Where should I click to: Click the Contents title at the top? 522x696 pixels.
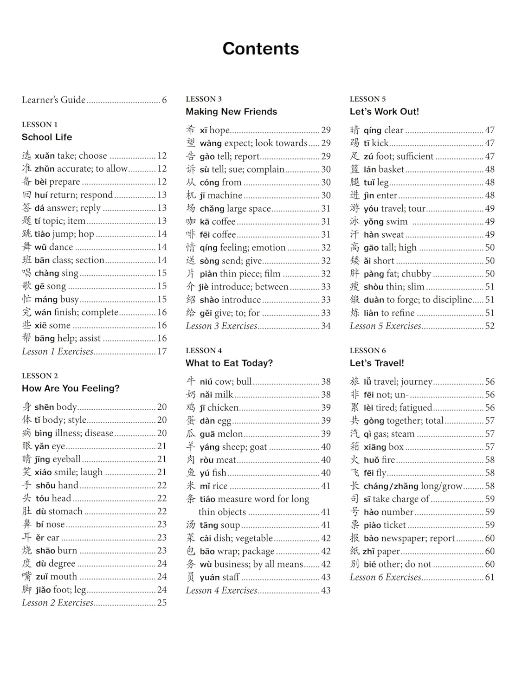click(x=261, y=49)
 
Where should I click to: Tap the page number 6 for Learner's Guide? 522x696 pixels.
click(x=164, y=100)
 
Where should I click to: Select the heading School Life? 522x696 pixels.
click(x=47, y=137)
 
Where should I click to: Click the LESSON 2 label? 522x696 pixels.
click(x=40, y=376)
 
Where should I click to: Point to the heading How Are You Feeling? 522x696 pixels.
click(x=71, y=388)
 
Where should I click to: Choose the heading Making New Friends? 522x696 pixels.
click(x=231, y=112)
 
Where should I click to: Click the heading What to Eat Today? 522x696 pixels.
click(x=229, y=363)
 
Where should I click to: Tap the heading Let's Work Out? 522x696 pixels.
click(x=384, y=112)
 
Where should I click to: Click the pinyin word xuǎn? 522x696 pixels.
click(x=45, y=156)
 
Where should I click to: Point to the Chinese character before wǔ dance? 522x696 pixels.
click(x=27, y=247)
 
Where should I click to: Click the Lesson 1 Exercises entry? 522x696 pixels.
click(x=58, y=352)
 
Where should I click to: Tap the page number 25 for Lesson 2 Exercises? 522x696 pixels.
click(x=162, y=603)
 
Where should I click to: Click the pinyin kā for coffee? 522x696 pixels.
click(x=205, y=222)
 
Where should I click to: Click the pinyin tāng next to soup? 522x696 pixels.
click(x=209, y=525)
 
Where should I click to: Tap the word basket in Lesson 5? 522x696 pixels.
click(x=391, y=170)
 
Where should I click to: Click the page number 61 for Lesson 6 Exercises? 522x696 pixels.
click(x=490, y=578)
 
